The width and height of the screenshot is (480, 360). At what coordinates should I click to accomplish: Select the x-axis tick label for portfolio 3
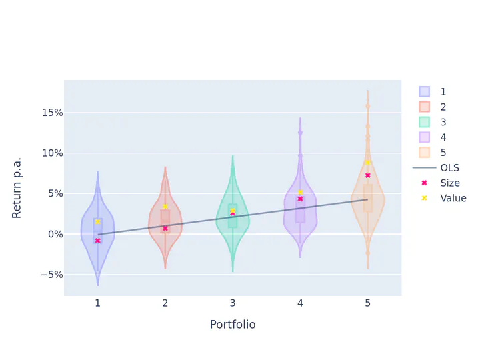(x=233, y=303)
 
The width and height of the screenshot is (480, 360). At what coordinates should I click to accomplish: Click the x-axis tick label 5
(x=367, y=303)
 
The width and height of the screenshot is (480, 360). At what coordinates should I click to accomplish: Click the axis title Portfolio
(x=233, y=325)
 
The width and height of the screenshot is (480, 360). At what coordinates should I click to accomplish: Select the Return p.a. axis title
(x=17, y=188)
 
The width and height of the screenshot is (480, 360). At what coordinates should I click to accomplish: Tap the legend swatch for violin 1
(x=424, y=91)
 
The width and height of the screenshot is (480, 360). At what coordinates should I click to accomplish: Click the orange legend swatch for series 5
(x=424, y=153)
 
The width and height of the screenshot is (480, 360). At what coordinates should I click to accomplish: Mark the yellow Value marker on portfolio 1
(x=97, y=221)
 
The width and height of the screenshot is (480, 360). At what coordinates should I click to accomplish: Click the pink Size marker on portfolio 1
(x=97, y=241)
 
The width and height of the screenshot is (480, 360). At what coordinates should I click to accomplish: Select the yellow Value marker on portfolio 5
(x=367, y=163)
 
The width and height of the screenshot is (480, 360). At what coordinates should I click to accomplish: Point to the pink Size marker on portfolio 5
(x=367, y=175)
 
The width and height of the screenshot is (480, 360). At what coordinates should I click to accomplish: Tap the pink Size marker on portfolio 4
(x=300, y=199)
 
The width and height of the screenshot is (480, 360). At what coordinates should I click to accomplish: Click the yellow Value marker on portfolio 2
(x=165, y=207)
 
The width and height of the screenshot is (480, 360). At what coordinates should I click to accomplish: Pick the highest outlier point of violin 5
(x=367, y=105)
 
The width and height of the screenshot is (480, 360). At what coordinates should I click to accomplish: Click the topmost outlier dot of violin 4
(x=300, y=132)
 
